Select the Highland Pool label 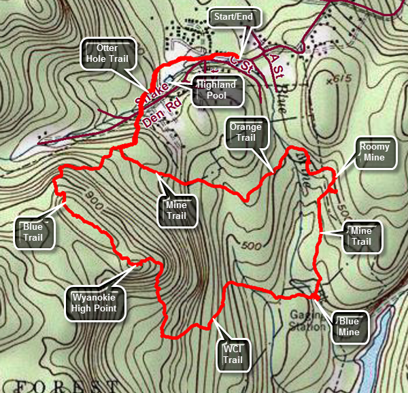click(218, 91)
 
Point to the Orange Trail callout click(245, 134)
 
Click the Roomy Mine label click(377, 152)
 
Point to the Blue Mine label click(350, 327)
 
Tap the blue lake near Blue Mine click(381, 347)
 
